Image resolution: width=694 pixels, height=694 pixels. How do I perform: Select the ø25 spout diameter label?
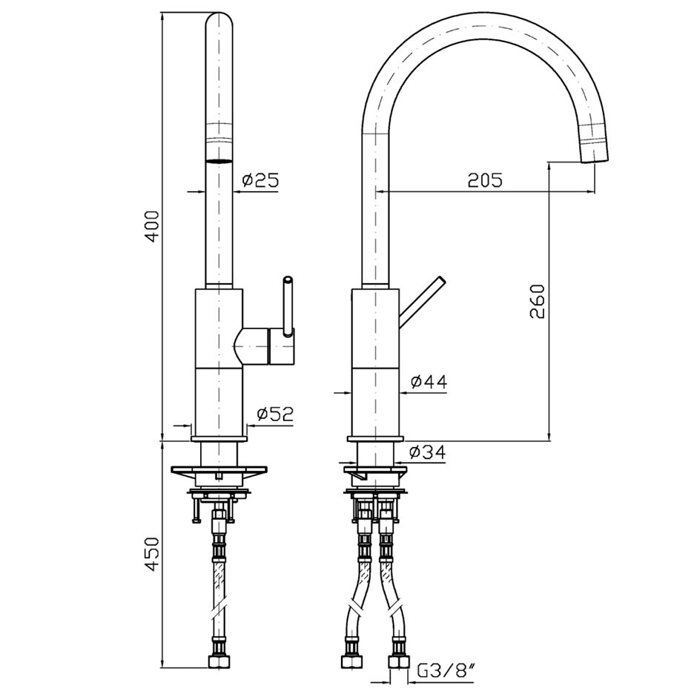[259, 179]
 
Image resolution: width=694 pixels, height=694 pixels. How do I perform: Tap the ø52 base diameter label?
[275, 414]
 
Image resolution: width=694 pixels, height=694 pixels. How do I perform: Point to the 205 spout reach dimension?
[485, 180]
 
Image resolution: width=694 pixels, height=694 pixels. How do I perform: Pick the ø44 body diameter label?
[428, 382]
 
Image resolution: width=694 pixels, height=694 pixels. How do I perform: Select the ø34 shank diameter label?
[426, 451]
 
